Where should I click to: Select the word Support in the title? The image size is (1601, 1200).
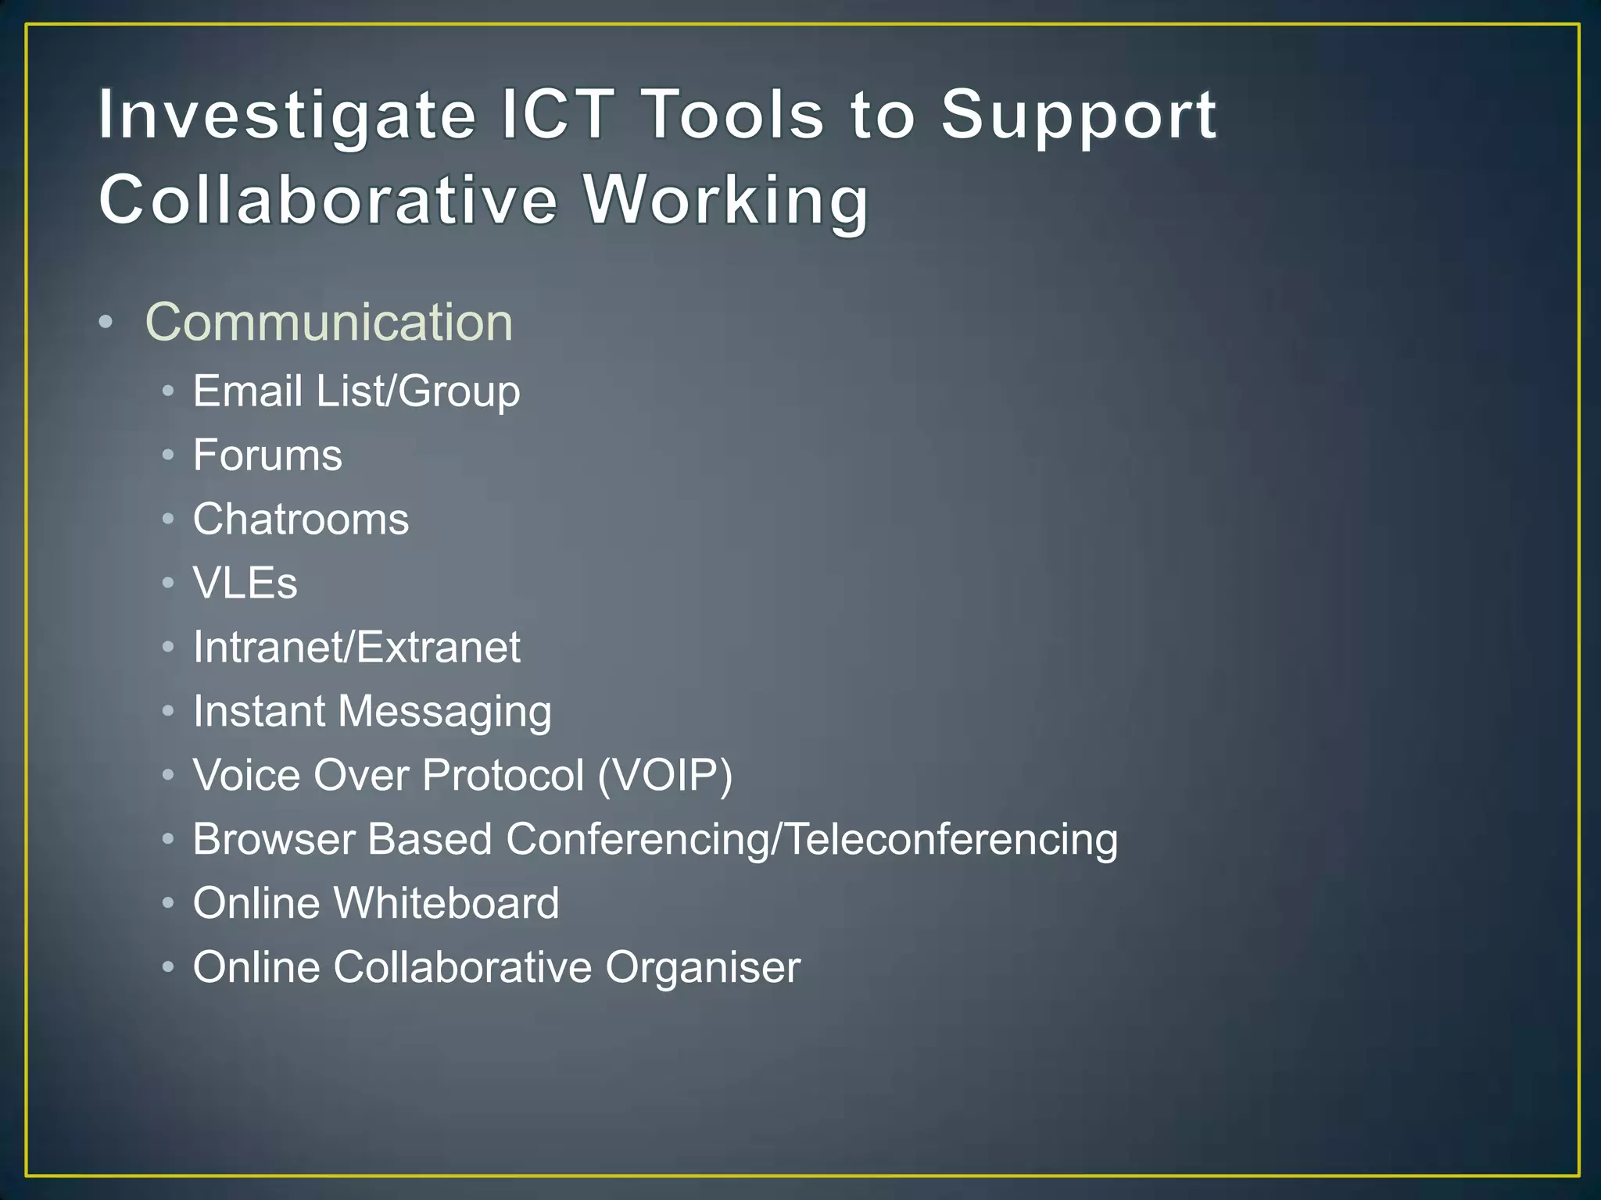pyautogui.click(x=1079, y=116)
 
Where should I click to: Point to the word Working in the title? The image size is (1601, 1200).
pyautogui.click(x=726, y=201)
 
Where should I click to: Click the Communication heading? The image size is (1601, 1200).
pyautogui.click(x=329, y=322)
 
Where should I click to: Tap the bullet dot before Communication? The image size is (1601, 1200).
pyautogui.click(x=106, y=322)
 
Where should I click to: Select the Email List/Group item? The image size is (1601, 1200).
pyautogui.click(x=356, y=391)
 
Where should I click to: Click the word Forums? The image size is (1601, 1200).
pyautogui.click(x=267, y=455)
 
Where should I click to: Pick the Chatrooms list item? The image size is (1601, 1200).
pyautogui.click(x=301, y=519)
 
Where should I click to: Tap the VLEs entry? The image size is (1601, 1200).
pyautogui.click(x=245, y=583)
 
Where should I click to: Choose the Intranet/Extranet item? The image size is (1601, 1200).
pyautogui.click(x=356, y=647)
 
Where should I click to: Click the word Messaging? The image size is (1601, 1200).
pyautogui.click(x=445, y=712)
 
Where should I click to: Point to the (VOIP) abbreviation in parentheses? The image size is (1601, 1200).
pyautogui.click(x=665, y=775)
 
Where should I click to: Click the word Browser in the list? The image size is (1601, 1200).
pyautogui.click(x=274, y=839)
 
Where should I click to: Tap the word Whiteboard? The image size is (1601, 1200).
pyautogui.click(x=446, y=903)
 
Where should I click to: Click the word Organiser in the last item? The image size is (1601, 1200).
pyautogui.click(x=703, y=969)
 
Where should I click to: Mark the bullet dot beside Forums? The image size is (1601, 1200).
pyautogui.click(x=168, y=455)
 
